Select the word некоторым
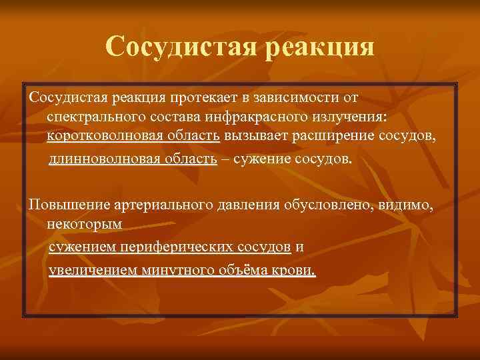click(x=84, y=223)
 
